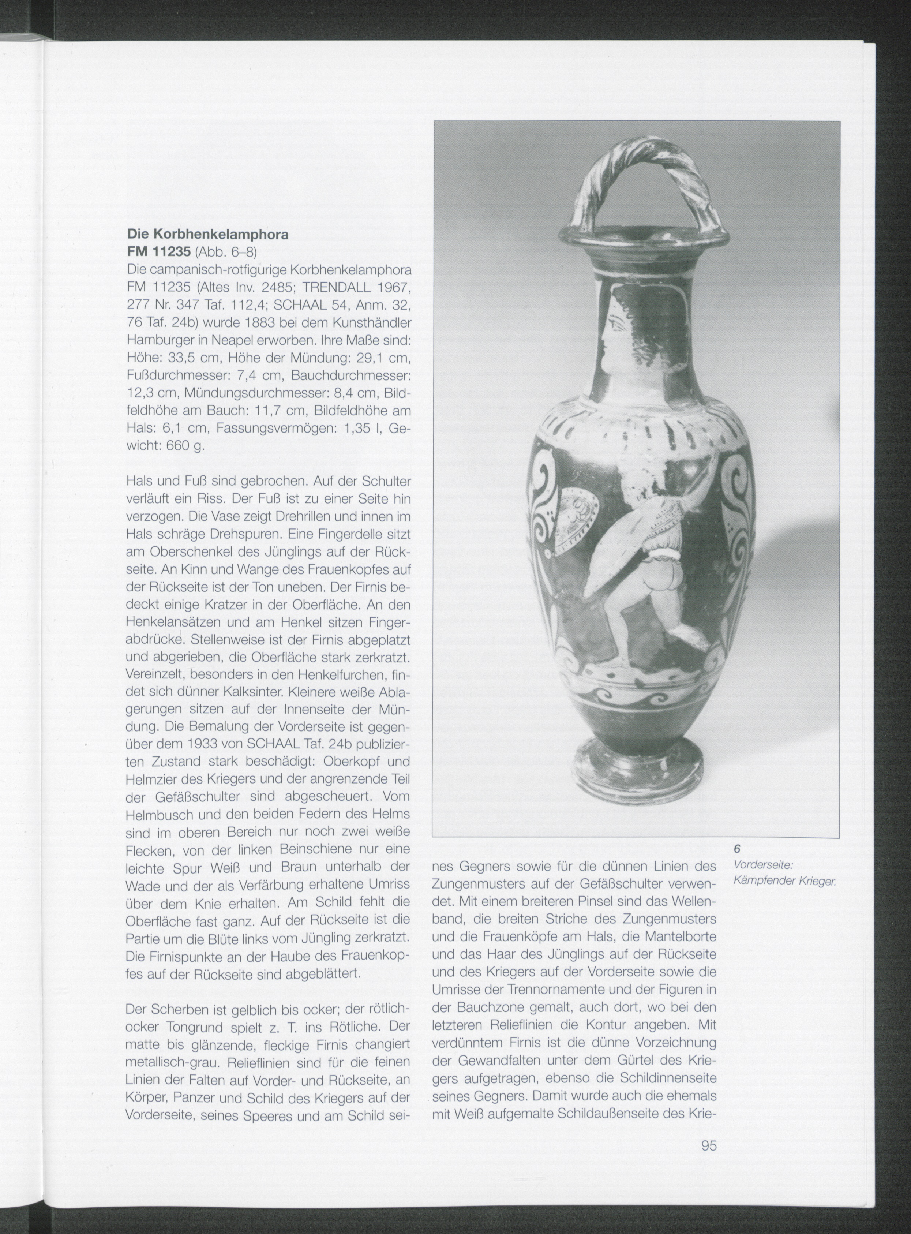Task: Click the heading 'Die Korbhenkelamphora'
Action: pyautogui.click(x=207, y=234)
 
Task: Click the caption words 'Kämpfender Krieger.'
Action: pyautogui.click(x=785, y=882)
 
